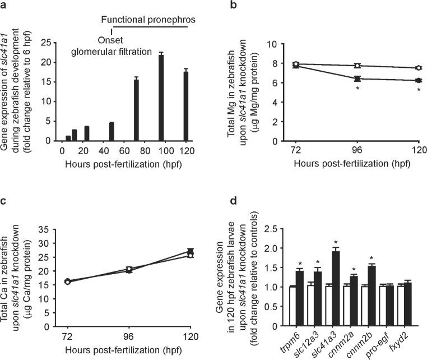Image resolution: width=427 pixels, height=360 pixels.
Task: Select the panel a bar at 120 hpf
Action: pos(186,107)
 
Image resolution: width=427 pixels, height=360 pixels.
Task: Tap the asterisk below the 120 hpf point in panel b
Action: pos(418,90)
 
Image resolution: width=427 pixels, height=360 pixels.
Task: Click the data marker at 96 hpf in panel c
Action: pos(129,270)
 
